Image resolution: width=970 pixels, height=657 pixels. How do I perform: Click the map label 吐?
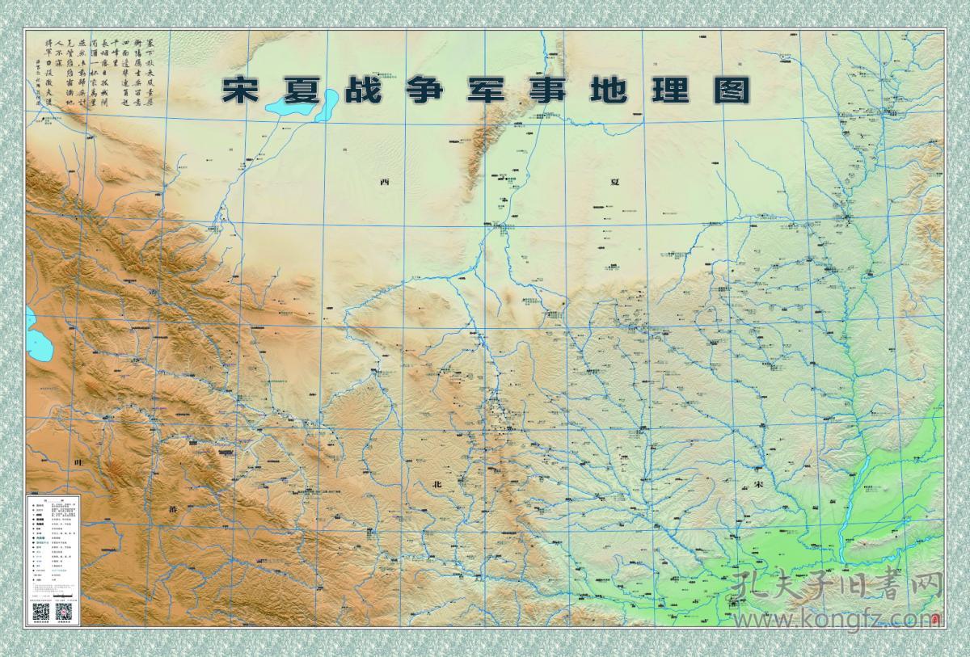tap(78, 461)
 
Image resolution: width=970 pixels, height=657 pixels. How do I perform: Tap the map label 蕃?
tap(172, 511)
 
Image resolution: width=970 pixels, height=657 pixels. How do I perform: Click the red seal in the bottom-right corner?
tap(934, 620)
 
